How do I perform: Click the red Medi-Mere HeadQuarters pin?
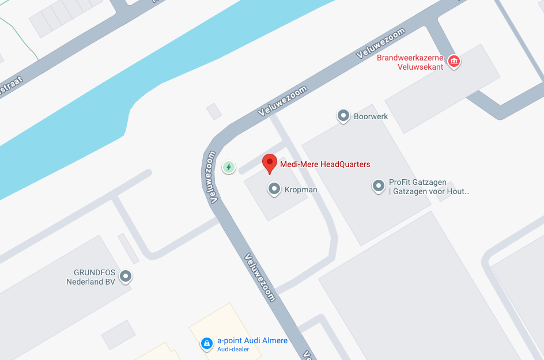point(270,163)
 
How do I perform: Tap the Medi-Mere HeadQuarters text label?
point(325,165)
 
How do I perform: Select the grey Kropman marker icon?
point(274,189)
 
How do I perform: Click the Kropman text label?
point(301,190)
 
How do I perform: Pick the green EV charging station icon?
point(229,168)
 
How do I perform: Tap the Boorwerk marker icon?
point(343,116)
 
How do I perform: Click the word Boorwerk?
point(371,116)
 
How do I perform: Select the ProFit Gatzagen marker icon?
point(378,186)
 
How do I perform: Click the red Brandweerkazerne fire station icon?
point(454,62)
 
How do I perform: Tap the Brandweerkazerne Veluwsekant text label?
point(410,62)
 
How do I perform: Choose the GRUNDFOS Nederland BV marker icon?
point(125,277)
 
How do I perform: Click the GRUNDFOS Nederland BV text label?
point(91,277)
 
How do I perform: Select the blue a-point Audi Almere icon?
point(206,344)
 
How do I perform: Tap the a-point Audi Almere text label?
point(252,341)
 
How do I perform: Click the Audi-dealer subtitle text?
point(233,350)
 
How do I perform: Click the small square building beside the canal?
point(214,111)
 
